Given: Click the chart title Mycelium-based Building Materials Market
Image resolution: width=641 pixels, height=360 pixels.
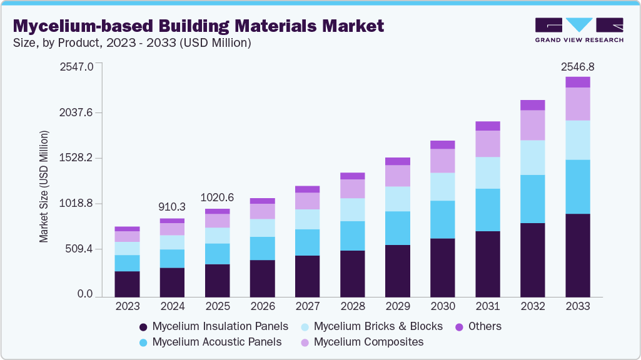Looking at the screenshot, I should click(198, 26).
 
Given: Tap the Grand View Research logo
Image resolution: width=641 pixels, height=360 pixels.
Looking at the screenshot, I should click(578, 29).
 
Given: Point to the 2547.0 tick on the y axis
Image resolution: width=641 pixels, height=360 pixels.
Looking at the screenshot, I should click(76, 66).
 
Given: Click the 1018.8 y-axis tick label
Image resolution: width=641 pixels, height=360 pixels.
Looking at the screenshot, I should click(76, 204).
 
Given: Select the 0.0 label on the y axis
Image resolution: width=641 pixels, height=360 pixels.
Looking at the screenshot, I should click(84, 294).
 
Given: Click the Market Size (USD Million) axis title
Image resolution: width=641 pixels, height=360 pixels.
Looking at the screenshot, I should click(44, 186).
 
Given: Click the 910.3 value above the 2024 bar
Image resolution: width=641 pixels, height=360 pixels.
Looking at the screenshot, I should click(172, 206).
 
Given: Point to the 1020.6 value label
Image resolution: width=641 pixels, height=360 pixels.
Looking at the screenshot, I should click(217, 197).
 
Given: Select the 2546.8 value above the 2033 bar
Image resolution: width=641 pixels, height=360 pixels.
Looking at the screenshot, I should click(577, 66).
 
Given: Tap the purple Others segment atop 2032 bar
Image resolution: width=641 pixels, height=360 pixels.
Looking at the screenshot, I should click(532, 105).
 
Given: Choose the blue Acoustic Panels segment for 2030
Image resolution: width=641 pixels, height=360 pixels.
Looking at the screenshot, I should click(442, 219).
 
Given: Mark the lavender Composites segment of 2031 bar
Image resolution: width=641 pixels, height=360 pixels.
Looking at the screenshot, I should click(487, 144).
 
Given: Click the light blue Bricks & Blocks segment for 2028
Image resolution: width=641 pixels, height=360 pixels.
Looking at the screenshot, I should click(352, 209).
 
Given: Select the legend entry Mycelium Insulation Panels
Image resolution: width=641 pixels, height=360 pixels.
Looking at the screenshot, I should click(213, 326).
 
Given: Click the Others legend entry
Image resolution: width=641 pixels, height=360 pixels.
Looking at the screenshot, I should click(478, 326).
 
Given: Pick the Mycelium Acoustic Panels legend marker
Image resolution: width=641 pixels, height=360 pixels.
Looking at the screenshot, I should click(143, 342).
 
